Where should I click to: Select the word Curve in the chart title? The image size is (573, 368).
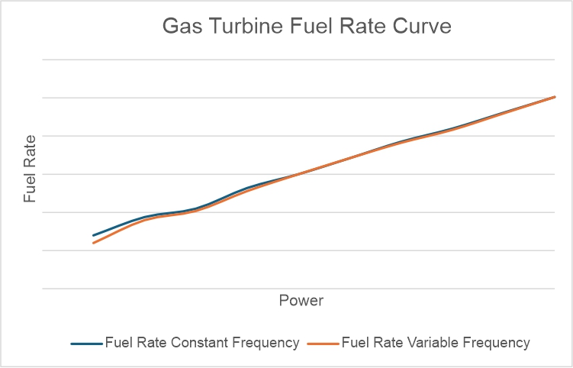coord(423,27)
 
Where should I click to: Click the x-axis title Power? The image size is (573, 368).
coord(301,301)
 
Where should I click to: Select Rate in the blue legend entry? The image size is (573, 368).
coord(149,343)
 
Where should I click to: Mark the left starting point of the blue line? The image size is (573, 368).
coord(94,235)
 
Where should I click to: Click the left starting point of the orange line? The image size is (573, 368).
coord(94,243)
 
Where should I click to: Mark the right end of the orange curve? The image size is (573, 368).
coord(555,97)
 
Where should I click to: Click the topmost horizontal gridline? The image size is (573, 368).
coord(298,60)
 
